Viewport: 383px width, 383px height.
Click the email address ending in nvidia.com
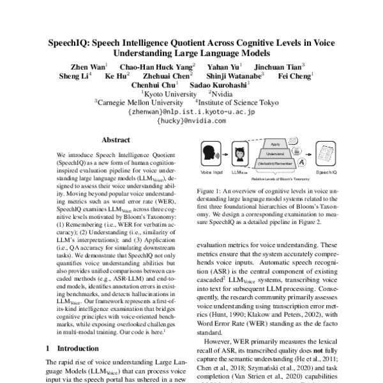click(x=191, y=119)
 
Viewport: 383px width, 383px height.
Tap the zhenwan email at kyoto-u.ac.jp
click(x=191, y=110)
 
